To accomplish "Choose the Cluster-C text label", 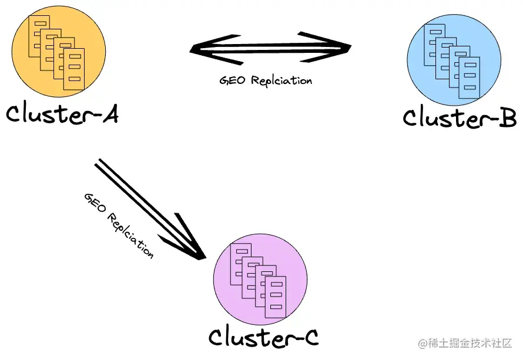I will pyautogui.click(x=263, y=337).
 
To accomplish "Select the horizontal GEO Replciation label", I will pyautogui.click(x=266, y=80).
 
